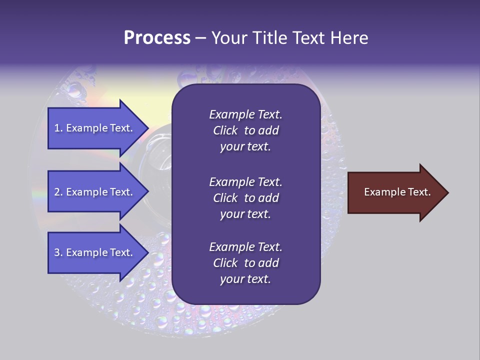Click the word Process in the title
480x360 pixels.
[157, 38]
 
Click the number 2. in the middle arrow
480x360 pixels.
[58, 192]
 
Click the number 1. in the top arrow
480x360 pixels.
[58, 128]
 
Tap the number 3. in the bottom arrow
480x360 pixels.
[58, 252]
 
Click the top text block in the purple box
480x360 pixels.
[245, 130]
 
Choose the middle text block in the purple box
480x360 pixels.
[245, 198]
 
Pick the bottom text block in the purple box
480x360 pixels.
[245, 263]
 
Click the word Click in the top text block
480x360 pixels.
[225, 130]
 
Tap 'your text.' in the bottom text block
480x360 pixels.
[245, 279]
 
